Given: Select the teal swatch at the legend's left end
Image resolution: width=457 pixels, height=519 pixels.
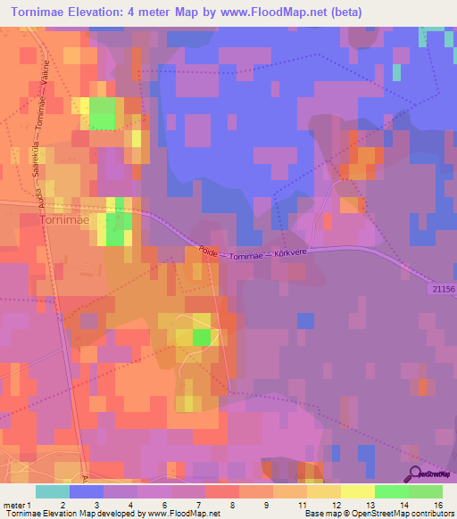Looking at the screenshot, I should [x=52, y=491].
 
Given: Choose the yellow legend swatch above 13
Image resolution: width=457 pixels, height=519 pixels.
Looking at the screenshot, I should [x=358, y=491].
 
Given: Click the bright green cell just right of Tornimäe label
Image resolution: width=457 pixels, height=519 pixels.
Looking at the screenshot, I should [x=116, y=229].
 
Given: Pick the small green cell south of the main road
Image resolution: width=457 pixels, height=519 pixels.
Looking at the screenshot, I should [x=202, y=337].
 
